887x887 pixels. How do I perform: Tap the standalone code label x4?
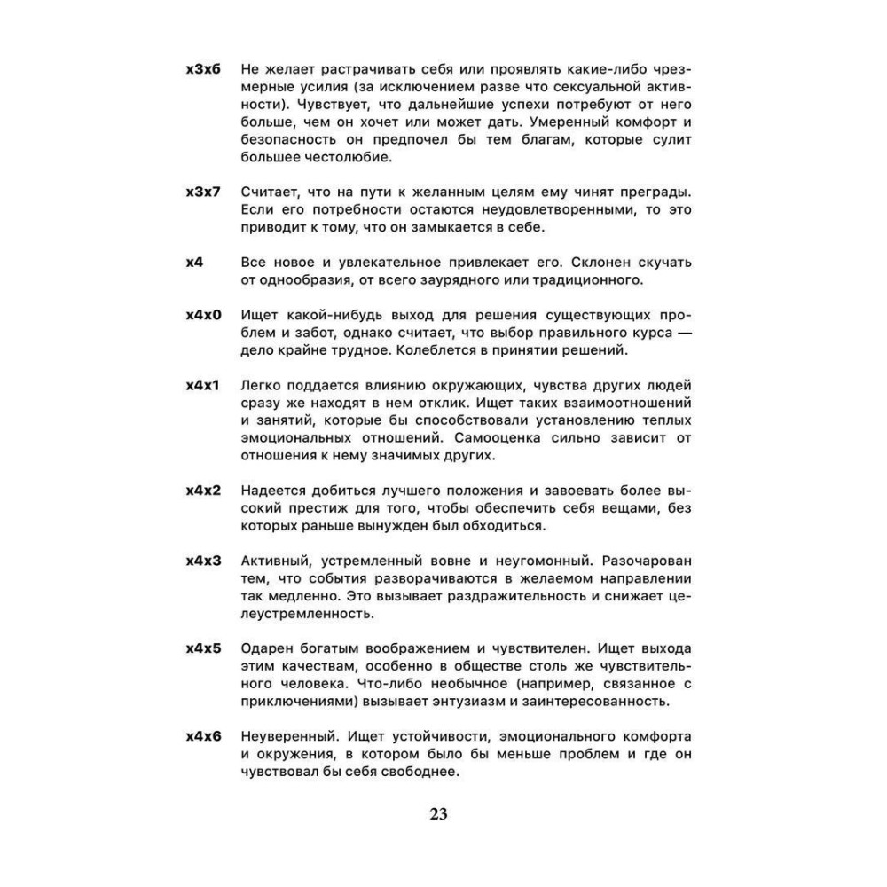click(195, 263)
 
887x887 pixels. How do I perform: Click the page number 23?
click(438, 814)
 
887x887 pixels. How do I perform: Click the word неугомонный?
click(532, 561)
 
